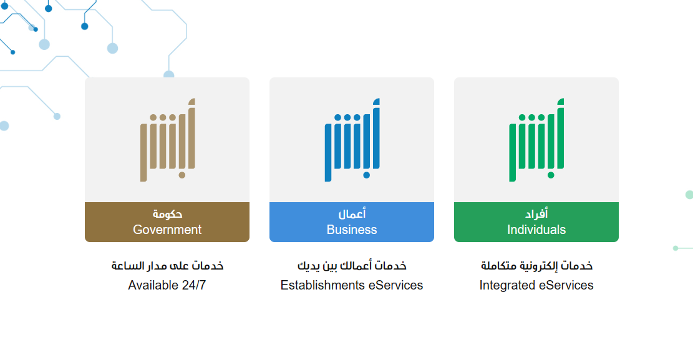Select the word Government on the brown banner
[x=167, y=230]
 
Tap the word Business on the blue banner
[x=352, y=230]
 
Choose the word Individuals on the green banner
[x=536, y=230]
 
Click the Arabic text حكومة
[x=167, y=214]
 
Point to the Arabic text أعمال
[x=352, y=214]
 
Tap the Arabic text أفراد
[x=536, y=214]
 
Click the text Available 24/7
[x=167, y=285]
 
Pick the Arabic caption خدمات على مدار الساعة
[x=167, y=266]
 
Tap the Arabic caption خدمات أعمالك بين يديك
[x=352, y=266]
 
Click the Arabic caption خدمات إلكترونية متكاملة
[x=536, y=266]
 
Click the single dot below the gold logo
[x=182, y=175]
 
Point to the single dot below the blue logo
[x=366, y=175]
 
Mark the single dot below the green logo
[x=551, y=175]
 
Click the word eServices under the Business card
[x=395, y=285]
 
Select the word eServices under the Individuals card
[x=566, y=285]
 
